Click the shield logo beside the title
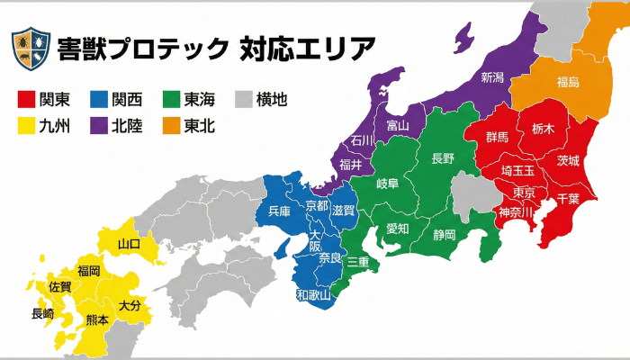30,49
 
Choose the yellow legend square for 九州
27,126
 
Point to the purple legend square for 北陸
100,126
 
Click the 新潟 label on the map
492,76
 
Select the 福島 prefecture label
568,83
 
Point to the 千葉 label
568,198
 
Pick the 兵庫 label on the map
280,212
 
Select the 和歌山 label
313,294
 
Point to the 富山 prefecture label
397,125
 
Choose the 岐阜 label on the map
387,184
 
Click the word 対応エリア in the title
308,49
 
